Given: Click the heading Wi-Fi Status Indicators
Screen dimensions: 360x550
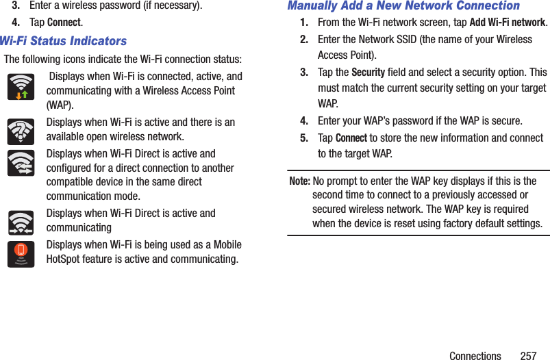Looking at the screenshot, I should pyautogui.click(x=63, y=41).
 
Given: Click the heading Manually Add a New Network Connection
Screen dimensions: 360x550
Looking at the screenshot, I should pyautogui.click(x=403, y=6).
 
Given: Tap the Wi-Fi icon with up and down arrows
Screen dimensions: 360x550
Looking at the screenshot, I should pyautogui.click(x=21, y=86).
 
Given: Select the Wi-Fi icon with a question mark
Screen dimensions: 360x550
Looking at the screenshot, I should pyautogui.click(x=21, y=131).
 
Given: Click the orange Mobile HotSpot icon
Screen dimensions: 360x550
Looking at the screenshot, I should pyautogui.click(x=21, y=253).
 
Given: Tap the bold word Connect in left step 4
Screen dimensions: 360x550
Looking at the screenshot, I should pyautogui.click(x=64, y=23).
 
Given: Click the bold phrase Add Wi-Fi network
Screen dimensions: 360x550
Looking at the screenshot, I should pyautogui.click(x=508, y=23).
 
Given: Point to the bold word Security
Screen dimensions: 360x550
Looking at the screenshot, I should pyautogui.click(x=368, y=73).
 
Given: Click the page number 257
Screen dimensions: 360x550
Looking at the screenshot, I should pyautogui.click(x=528, y=356).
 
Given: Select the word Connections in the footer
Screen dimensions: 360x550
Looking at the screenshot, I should pyautogui.click(x=475, y=356).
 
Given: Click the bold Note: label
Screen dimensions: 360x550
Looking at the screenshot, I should pyautogui.click(x=299, y=181).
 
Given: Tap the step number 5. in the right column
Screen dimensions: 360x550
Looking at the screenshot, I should pyautogui.click(x=304, y=138).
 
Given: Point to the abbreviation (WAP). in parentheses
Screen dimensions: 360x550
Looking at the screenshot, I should pyautogui.click(x=60, y=105).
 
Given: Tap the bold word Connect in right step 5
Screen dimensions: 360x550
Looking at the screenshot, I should pyautogui.click(x=351, y=138).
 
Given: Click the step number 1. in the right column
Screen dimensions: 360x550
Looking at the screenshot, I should pyautogui.click(x=304, y=23).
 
